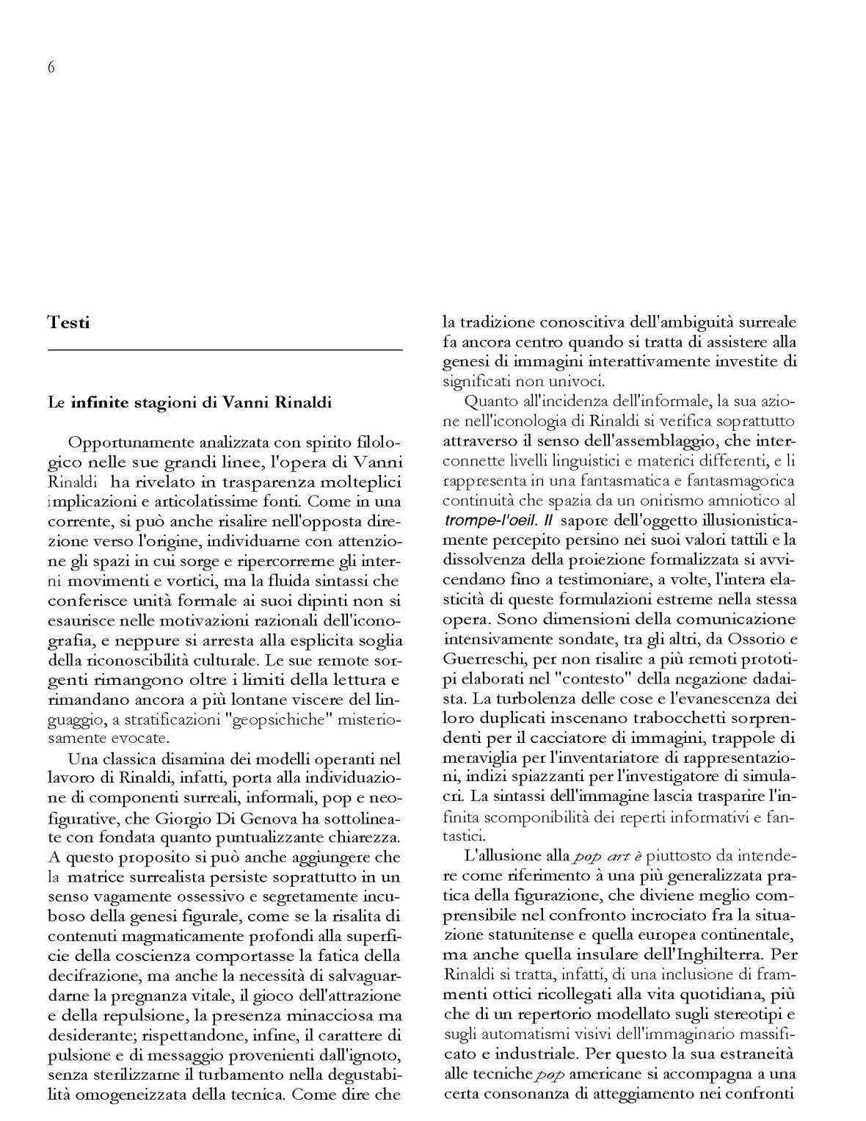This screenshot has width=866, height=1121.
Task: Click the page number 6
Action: coord(51,68)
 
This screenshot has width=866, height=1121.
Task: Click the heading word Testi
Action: coord(68,322)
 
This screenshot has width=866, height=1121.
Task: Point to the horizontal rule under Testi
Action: coord(225,351)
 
